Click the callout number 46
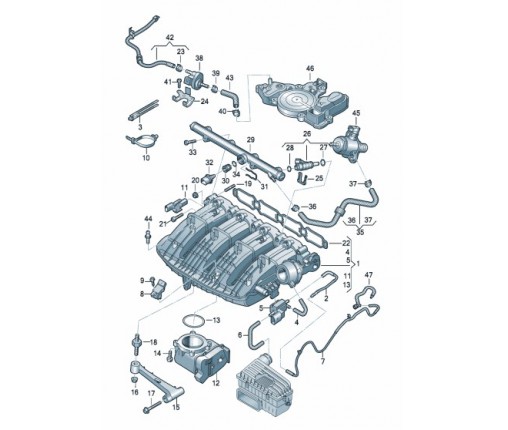click(309, 69)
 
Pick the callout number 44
click(148, 219)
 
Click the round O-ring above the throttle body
click(199, 322)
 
